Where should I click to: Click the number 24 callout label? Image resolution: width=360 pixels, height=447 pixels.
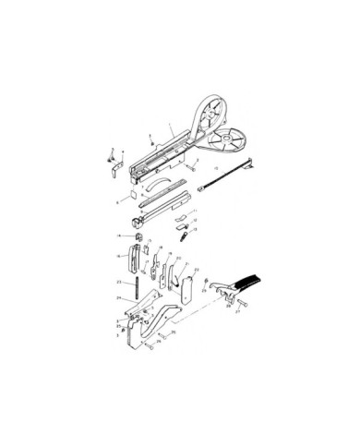(119, 298)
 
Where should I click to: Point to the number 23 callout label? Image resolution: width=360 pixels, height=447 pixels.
(120, 280)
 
